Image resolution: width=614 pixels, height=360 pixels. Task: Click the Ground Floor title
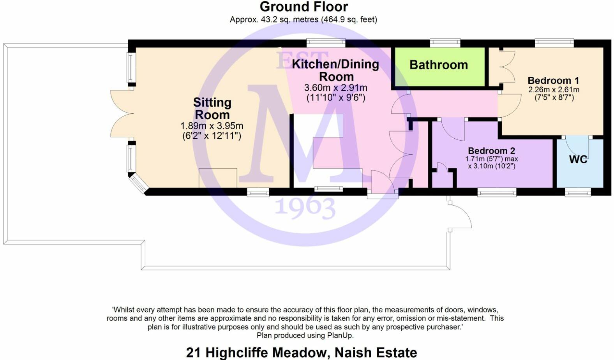[303, 7]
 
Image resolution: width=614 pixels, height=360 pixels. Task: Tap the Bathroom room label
[438, 65]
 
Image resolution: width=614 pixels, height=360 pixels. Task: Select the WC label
[578, 159]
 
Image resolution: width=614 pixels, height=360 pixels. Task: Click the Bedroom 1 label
[553, 81]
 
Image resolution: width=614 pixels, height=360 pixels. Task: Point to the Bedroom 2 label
[491, 151]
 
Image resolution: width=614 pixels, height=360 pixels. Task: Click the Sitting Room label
[212, 109]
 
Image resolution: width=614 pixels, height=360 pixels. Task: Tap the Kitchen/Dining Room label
[335, 70]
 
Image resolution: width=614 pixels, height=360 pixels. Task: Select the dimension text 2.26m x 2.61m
[553, 90]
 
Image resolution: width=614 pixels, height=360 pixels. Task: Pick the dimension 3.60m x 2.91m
[335, 88]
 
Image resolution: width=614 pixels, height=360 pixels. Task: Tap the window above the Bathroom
[445, 42]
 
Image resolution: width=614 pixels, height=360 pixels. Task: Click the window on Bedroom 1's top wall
[554, 42]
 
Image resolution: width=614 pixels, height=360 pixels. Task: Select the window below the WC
[578, 192]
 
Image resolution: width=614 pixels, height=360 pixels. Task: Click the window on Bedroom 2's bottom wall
[497, 192]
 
